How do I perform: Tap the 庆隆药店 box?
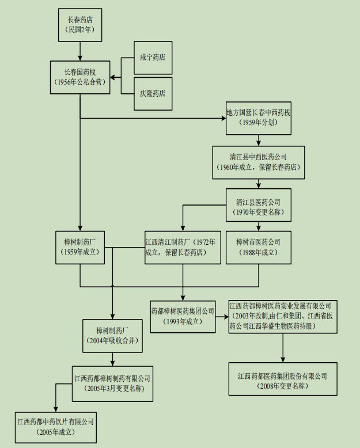pos(153,92)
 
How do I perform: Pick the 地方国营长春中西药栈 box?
pos(258,117)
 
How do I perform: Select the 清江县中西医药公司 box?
pos(258,162)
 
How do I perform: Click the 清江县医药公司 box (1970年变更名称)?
pos(258,206)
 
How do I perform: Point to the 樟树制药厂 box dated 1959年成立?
pos(79,247)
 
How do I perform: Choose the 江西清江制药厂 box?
pos(183,247)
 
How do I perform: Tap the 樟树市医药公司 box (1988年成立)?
pos(258,247)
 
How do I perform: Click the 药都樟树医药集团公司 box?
pos(183,316)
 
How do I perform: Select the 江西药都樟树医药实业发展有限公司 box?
pos(282,317)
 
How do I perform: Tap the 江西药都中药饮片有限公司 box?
pos(55,427)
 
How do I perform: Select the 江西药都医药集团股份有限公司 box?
pos(282,379)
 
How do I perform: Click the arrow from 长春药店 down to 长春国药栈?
pos(79,51)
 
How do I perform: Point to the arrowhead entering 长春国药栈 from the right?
pos(114,77)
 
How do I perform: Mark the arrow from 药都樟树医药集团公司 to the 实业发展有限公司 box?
pos(222,316)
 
